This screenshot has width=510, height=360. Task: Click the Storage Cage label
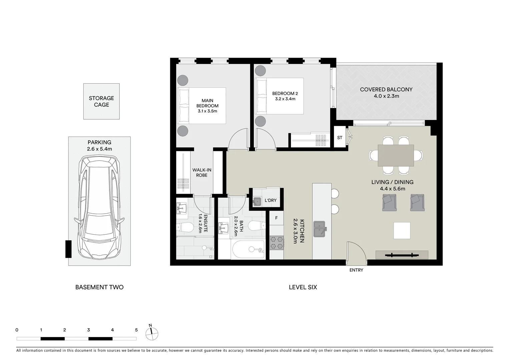click(101, 101)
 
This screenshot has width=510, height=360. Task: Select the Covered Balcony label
click(386, 93)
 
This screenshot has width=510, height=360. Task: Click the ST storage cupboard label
click(340, 137)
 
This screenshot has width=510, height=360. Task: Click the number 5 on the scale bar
click(136, 330)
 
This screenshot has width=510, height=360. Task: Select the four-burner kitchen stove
click(277, 243)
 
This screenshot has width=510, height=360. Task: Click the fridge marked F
click(276, 218)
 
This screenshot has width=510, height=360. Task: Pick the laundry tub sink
click(257, 201)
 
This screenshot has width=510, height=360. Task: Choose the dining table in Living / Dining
click(396, 155)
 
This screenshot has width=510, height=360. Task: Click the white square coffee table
click(402, 230)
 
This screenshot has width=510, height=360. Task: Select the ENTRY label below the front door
click(356, 270)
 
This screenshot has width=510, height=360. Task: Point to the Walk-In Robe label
click(202, 172)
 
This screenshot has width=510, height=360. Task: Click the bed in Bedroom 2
click(280, 96)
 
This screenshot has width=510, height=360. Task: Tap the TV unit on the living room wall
click(402, 255)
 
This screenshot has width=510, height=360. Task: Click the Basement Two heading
click(99, 287)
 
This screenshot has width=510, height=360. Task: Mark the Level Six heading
click(303, 287)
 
